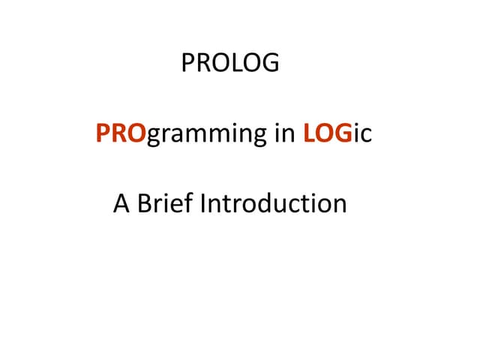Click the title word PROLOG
click(229, 63)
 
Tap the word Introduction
click(272, 203)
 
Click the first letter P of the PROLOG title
click(187, 63)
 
